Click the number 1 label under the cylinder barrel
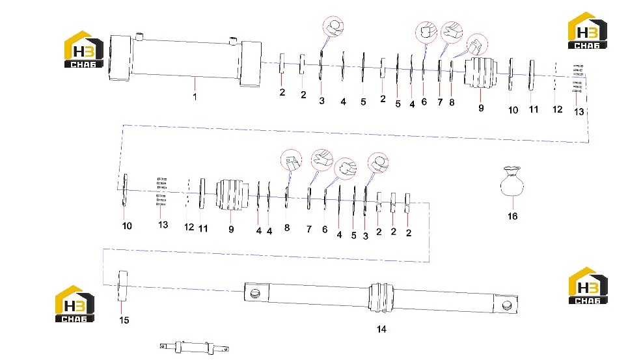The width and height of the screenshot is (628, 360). click(x=195, y=97)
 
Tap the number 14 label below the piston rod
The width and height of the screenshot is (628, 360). click(x=381, y=329)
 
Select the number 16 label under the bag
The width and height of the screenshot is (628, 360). click(x=513, y=216)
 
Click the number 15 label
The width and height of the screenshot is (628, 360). click(x=124, y=320)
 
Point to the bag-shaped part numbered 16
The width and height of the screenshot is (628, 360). click(x=512, y=182)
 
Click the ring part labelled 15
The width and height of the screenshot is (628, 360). click(x=122, y=286)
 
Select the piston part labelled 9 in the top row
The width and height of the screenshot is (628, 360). click(x=481, y=72)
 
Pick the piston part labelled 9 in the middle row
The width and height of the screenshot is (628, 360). click(x=232, y=195)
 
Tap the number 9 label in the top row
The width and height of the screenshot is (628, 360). click(x=481, y=108)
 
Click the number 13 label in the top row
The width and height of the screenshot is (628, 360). click(x=579, y=112)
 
